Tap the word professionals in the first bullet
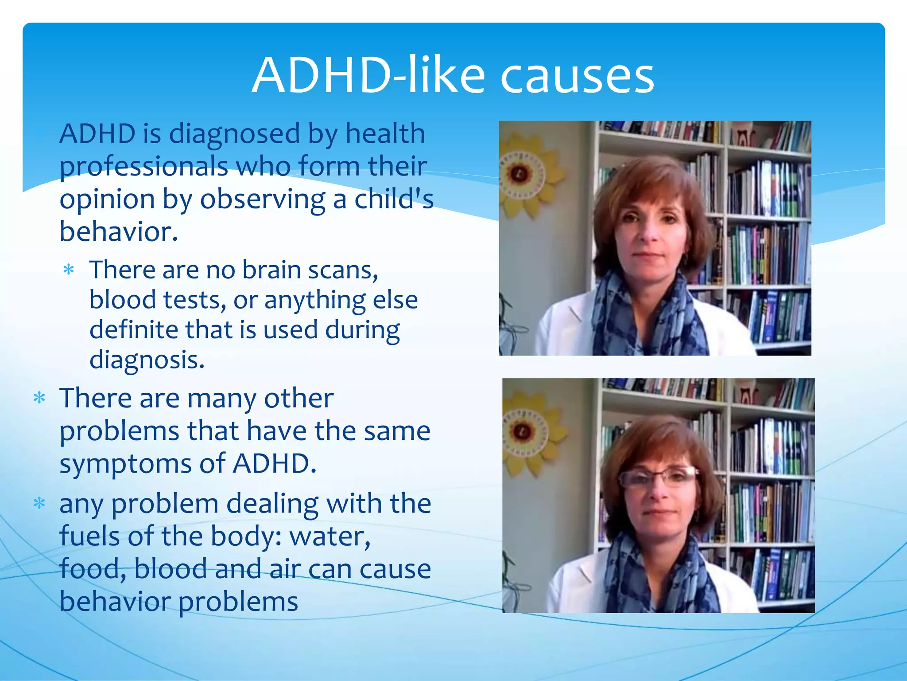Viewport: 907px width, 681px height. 144,167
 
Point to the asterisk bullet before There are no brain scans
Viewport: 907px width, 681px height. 69,270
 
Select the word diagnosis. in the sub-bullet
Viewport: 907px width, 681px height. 147,360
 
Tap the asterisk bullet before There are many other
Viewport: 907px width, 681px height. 39,398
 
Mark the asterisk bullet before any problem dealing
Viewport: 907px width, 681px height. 39,504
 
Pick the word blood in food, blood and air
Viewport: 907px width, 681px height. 171,569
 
